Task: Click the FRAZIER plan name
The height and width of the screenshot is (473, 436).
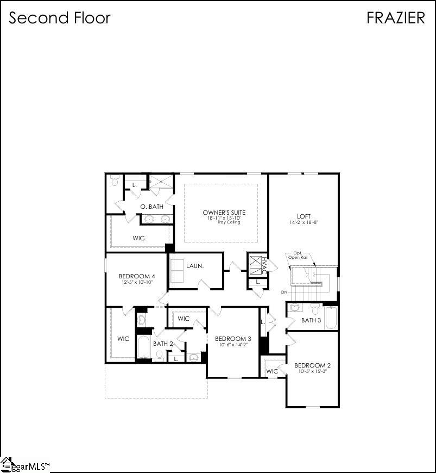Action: coord(395,17)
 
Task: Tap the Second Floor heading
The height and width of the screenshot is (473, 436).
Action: coord(60,17)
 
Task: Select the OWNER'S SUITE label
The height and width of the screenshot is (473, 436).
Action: coord(224,212)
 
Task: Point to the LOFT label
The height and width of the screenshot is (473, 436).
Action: coord(304,215)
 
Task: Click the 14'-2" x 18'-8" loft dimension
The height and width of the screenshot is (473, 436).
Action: coord(304,222)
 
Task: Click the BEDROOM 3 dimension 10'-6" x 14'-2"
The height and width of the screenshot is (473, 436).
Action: coord(232,345)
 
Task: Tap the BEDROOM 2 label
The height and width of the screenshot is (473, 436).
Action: coord(312,365)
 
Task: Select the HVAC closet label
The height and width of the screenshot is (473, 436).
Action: coord(264,265)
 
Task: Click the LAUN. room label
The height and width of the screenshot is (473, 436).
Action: coord(194,266)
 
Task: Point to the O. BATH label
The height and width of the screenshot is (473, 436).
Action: coord(151,207)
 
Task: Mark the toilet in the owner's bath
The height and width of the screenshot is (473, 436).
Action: coord(115,181)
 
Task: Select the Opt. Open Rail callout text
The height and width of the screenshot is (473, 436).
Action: coord(297,256)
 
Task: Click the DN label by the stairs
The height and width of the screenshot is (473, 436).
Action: coord(284,292)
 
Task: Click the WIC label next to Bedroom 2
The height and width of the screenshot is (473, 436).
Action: coord(271,371)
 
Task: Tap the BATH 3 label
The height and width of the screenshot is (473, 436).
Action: coord(311,320)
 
